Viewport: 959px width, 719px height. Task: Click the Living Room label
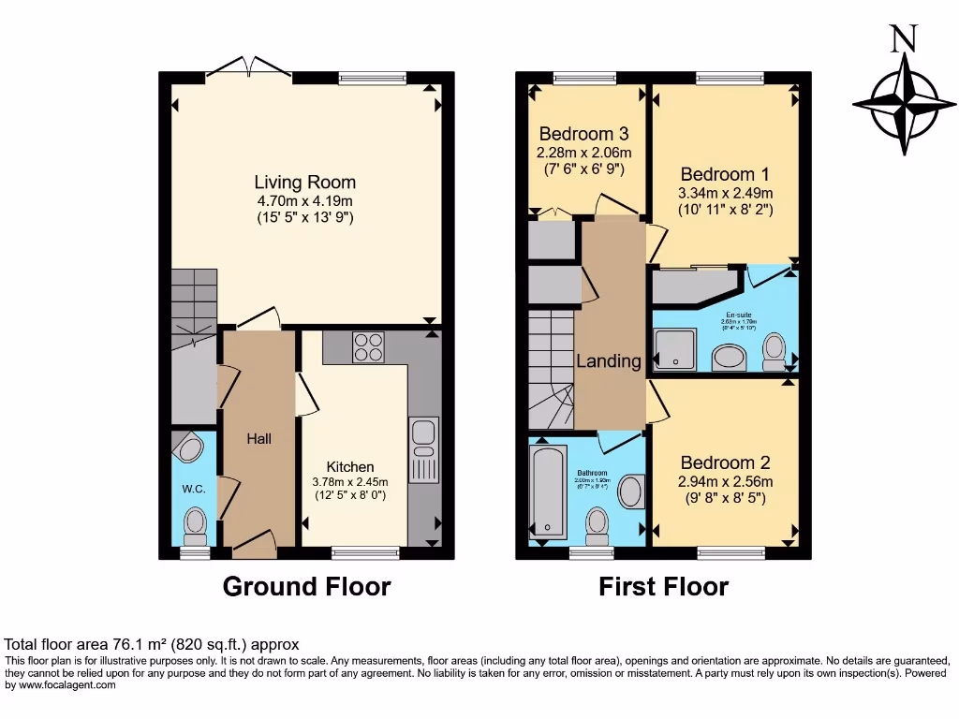304,183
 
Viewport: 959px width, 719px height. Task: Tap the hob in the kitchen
368,347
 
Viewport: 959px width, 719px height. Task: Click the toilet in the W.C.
196,524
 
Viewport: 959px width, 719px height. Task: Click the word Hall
259,438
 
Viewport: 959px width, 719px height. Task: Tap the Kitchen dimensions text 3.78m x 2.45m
350,481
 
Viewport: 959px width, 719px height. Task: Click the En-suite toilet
774,350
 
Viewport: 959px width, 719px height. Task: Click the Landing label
609,361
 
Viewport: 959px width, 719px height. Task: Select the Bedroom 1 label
725,174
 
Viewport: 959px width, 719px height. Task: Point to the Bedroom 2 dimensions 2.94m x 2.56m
725,481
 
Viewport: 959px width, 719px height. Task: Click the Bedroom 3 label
583,134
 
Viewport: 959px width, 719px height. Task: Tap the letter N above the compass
903,38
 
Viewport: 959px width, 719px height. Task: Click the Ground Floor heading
306,587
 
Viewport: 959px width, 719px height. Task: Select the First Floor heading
663,587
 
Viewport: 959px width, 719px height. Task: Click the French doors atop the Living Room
248,67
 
